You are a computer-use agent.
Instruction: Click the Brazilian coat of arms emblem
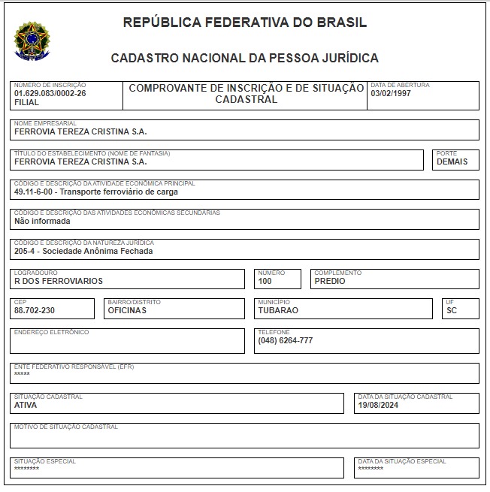point(32,41)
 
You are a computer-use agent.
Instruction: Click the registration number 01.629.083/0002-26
point(50,93)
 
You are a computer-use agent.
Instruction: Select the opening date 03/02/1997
point(390,93)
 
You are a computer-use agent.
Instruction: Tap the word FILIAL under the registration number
point(26,102)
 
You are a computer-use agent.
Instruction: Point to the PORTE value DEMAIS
point(452,161)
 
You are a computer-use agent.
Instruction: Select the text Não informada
point(42,222)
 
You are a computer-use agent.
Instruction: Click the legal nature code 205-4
point(26,251)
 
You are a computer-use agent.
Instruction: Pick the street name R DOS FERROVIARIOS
point(58,281)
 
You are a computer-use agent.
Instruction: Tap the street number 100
point(265,281)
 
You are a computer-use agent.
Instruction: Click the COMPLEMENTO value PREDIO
point(330,281)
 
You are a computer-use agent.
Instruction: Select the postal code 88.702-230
point(35,310)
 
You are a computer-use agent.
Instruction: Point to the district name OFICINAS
point(127,310)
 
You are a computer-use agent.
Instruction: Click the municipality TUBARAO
point(278,310)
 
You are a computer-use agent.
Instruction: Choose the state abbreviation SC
point(451,310)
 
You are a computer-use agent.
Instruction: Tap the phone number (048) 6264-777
point(285,340)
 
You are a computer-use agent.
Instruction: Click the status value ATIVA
point(26,405)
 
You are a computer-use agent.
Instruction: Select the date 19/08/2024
point(378,405)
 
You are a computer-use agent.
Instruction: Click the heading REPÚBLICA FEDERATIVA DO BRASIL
point(245,23)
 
